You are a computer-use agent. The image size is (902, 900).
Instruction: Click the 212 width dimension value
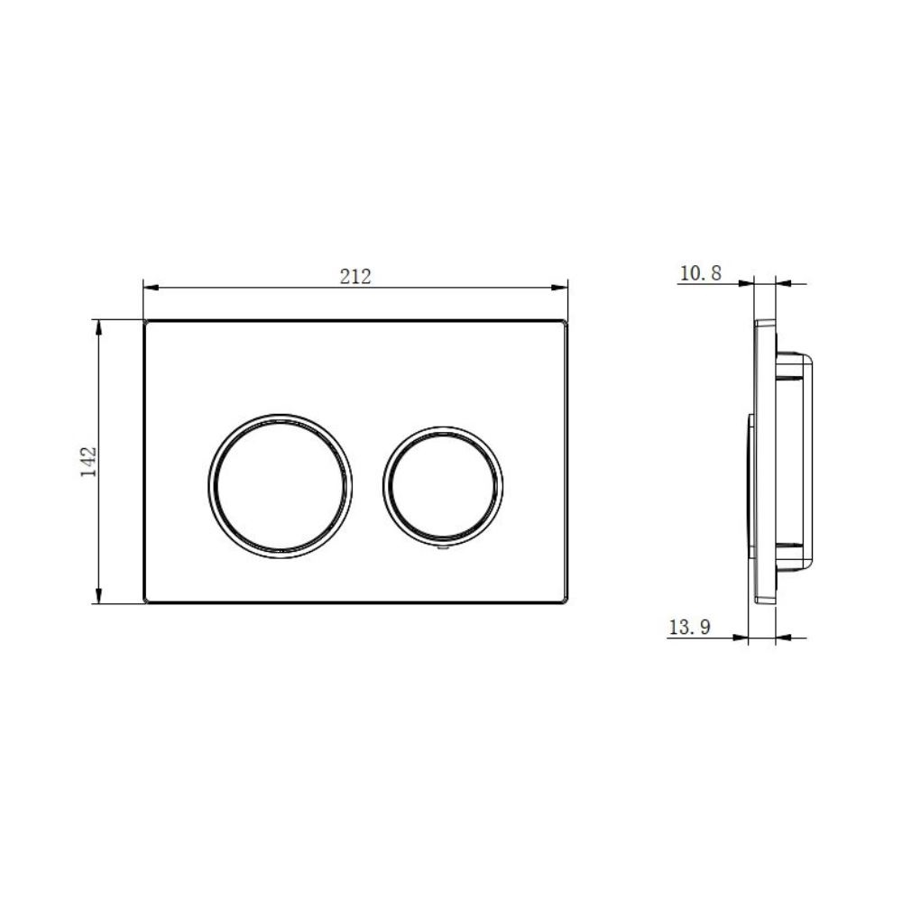(355, 277)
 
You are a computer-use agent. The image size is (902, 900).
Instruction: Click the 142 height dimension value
(88, 462)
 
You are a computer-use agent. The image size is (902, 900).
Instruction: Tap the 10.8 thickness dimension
(700, 273)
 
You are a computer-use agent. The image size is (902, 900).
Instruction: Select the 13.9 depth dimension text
(689, 626)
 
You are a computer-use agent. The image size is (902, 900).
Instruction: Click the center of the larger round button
(281, 486)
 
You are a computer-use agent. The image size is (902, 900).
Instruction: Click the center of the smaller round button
(442, 486)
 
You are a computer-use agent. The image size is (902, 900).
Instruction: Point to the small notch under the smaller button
(442, 550)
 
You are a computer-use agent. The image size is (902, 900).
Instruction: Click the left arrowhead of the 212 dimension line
(151, 288)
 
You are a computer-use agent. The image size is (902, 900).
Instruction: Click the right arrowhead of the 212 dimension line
(560, 288)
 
